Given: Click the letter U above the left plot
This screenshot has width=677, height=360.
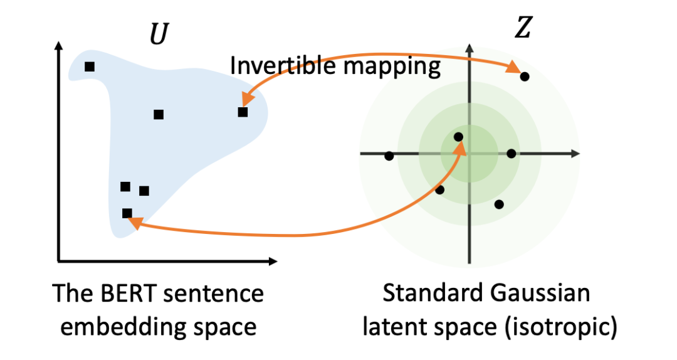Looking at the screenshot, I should tap(159, 36).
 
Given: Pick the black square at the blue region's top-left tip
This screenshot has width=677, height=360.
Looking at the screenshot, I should tap(90, 66).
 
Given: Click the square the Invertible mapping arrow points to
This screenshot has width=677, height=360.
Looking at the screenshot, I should tap(243, 112).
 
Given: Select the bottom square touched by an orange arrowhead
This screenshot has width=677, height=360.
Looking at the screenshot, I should tap(127, 213).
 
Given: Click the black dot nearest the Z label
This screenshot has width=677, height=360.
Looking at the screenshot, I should tap(525, 77).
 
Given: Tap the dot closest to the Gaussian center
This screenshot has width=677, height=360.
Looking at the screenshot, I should tap(458, 137).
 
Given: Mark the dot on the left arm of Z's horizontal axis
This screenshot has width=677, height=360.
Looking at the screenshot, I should tap(389, 156).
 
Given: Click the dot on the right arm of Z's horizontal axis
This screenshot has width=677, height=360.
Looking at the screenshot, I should tap(511, 154).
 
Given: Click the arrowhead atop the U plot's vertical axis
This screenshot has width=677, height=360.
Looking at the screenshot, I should tap(58, 47).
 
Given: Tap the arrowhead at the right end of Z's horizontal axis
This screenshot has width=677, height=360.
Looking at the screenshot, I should tap(574, 154).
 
